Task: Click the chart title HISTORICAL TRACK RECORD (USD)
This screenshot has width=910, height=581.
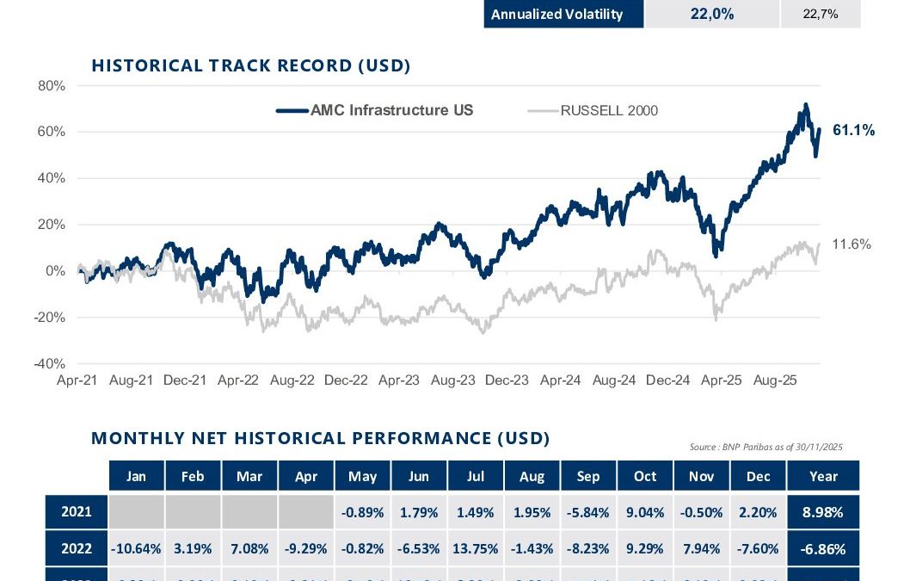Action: click(251, 65)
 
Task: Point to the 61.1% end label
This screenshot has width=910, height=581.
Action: click(854, 131)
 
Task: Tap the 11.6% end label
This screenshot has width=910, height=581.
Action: click(852, 244)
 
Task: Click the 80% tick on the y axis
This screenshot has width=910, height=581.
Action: click(52, 86)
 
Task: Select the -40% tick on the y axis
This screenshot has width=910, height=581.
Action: click(49, 363)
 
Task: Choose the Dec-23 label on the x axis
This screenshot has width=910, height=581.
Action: click(507, 380)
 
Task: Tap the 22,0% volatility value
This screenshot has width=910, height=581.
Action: click(712, 15)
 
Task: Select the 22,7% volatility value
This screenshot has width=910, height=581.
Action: click(820, 15)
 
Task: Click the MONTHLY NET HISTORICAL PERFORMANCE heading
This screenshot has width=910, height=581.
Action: click(320, 438)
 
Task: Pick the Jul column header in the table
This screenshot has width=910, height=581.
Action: click(476, 476)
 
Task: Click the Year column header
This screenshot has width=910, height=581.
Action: click(823, 476)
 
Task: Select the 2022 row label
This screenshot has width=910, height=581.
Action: click(77, 547)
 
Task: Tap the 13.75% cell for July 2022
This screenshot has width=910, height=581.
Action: click(476, 547)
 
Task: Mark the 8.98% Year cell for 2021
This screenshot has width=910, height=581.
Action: click(823, 512)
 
